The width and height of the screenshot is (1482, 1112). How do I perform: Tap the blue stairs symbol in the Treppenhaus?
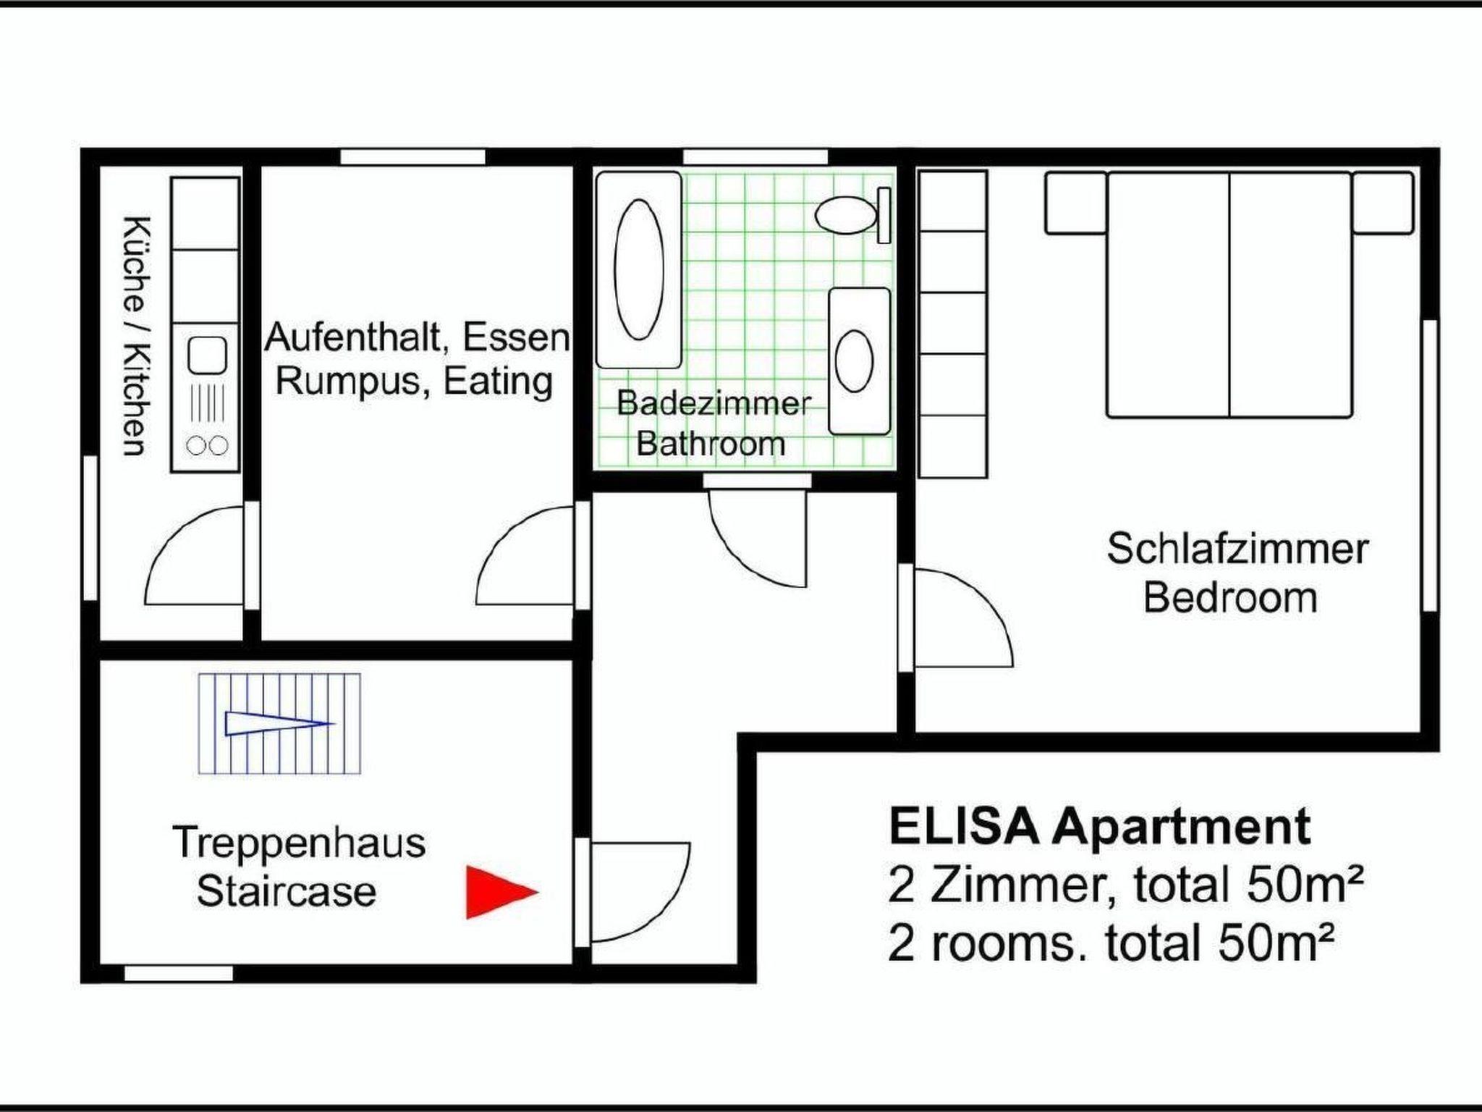point(279,724)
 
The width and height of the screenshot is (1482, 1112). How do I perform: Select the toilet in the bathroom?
point(852,215)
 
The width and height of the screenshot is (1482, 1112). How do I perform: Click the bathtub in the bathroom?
point(638,270)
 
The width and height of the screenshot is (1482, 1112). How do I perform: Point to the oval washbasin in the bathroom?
point(854,361)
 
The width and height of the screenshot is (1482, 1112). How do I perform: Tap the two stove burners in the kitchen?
point(207,446)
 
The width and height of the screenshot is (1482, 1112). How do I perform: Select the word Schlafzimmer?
point(1237,549)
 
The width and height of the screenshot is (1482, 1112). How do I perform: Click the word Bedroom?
point(1230,598)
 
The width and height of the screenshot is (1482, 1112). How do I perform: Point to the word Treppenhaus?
point(300,843)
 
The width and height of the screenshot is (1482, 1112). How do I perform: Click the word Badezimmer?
point(714,403)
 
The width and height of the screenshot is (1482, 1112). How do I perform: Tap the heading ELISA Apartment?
point(1099,826)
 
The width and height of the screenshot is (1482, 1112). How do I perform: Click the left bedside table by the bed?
point(1075,203)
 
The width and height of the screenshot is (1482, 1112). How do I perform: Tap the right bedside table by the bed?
point(1383,203)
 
